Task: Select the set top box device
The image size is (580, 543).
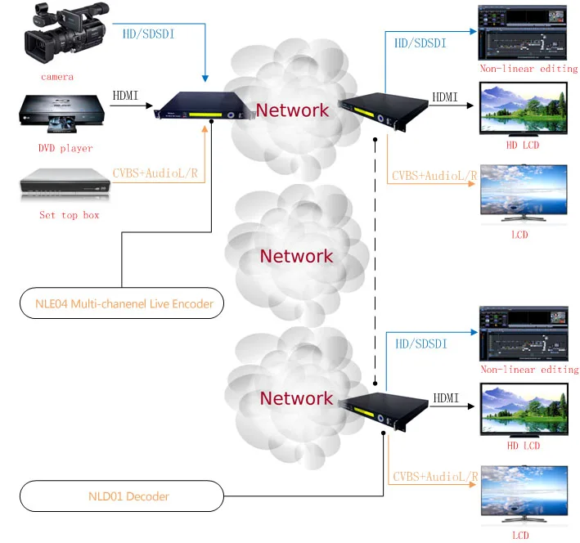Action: [x=64, y=186]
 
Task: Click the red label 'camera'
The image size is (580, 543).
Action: [x=57, y=77]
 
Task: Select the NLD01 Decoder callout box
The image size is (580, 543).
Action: [x=120, y=496]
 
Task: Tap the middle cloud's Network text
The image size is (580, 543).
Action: [x=296, y=256]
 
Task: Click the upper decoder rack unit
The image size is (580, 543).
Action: [x=382, y=108]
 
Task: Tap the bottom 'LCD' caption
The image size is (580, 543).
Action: [x=520, y=536]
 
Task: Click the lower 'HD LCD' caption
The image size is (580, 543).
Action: [x=524, y=446]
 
